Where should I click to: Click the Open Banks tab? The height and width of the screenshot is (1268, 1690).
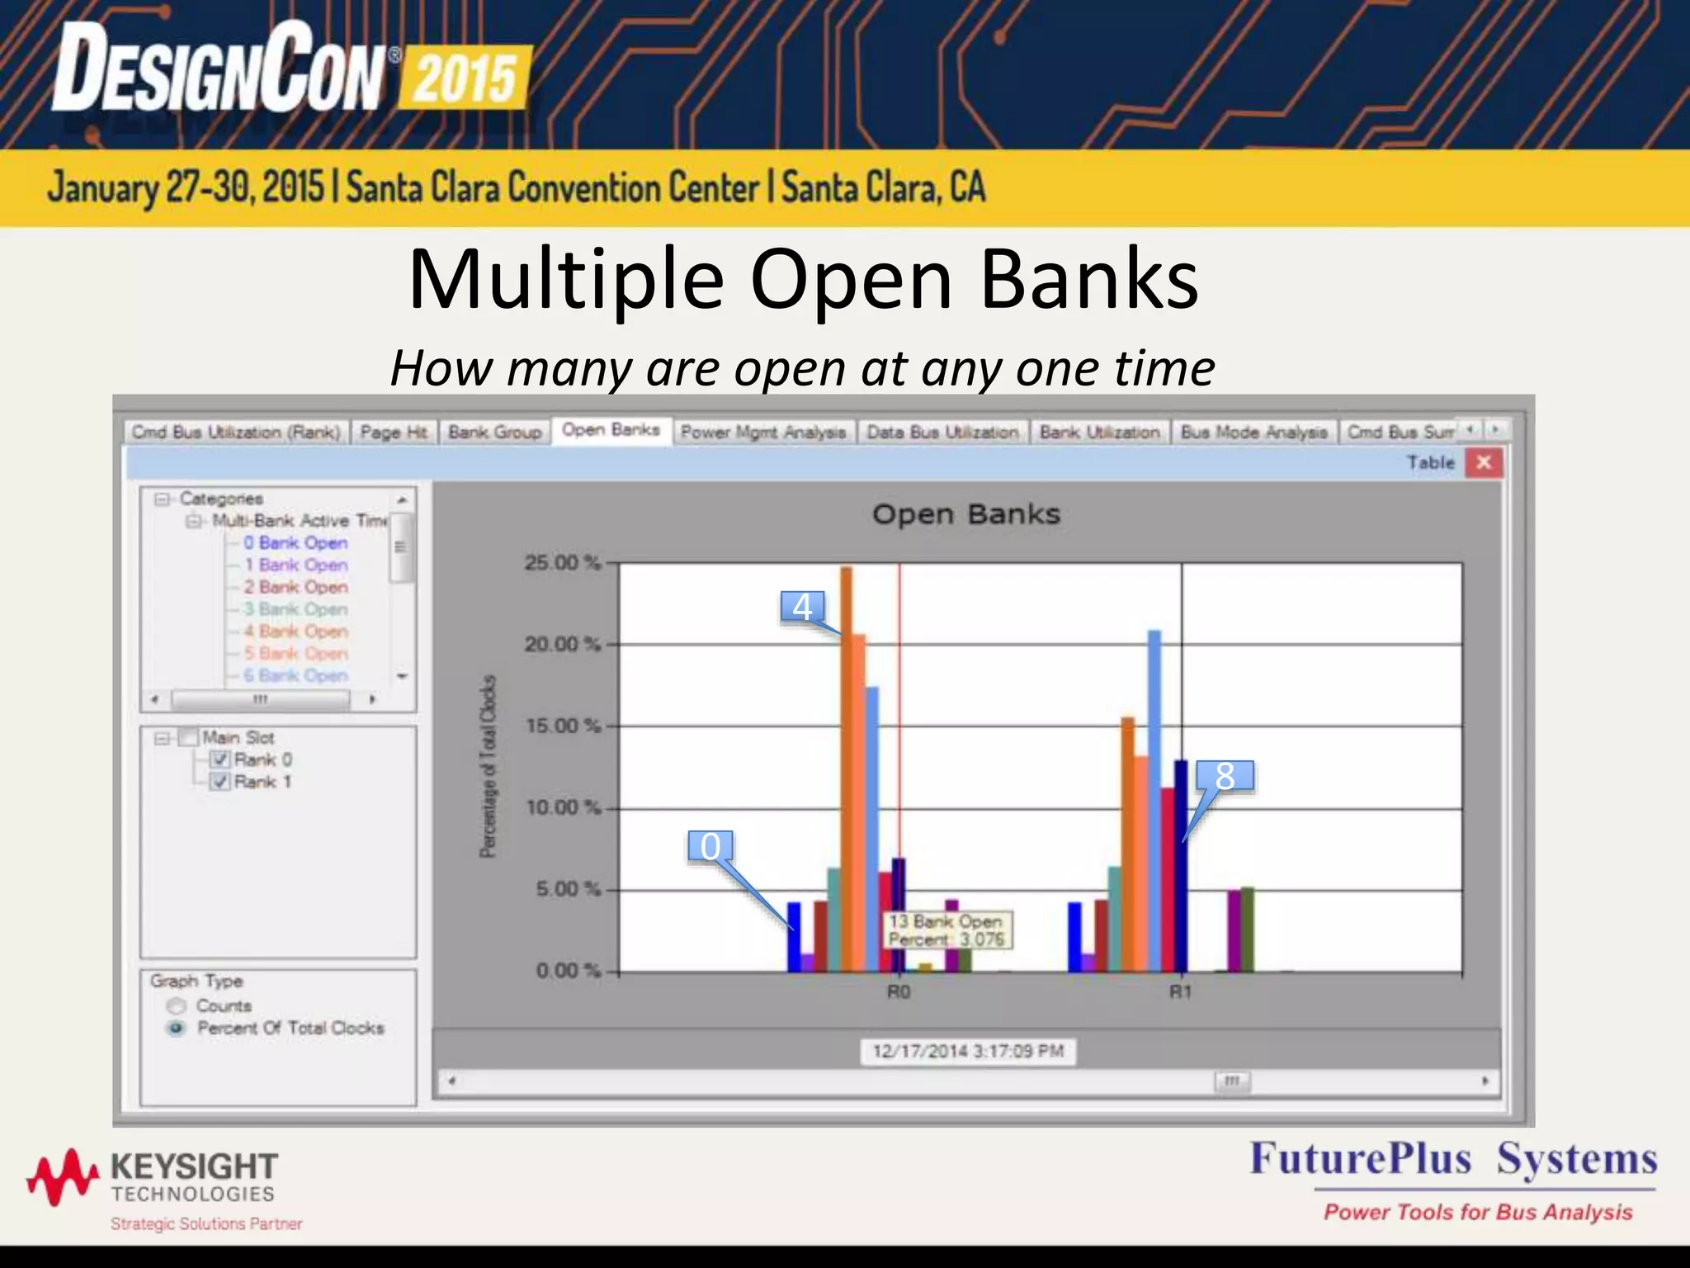(x=611, y=430)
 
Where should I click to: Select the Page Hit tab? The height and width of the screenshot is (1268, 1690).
(x=394, y=432)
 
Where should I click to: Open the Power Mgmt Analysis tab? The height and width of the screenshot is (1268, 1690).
(x=763, y=432)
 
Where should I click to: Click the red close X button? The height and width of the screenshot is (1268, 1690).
(x=1484, y=462)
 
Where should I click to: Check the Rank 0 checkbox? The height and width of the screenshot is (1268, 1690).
(x=220, y=759)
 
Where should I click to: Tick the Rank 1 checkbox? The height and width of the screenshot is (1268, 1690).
(x=220, y=782)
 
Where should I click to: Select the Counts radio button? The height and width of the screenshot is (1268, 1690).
(x=177, y=1005)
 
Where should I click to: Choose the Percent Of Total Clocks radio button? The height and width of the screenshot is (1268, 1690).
(x=177, y=1028)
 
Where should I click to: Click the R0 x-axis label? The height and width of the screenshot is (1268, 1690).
(x=899, y=991)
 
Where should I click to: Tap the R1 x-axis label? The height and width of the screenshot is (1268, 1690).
(x=1181, y=991)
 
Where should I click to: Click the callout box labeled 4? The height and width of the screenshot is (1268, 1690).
(x=802, y=608)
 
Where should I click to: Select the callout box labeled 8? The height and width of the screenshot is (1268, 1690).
(x=1225, y=776)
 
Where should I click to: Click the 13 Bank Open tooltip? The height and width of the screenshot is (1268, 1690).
(x=946, y=930)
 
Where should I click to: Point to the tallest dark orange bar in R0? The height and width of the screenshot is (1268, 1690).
(x=847, y=768)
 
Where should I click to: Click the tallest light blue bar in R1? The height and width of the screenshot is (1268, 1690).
(x=1154, y=801)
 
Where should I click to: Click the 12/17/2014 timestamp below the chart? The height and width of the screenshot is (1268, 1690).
(x=968, y=1051)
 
